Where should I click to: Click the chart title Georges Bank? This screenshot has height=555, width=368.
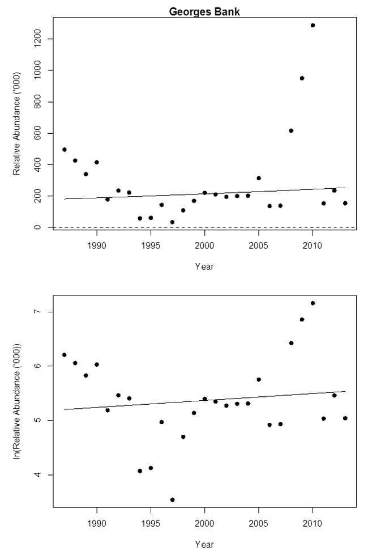204,11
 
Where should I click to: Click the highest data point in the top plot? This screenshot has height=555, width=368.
313,26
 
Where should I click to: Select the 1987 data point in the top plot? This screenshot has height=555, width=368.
65,150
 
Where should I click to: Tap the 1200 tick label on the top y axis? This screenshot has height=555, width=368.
36,39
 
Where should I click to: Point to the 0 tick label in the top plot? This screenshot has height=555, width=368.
36,227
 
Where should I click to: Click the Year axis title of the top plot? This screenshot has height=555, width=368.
204,266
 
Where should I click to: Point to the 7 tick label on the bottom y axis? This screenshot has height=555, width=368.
36,312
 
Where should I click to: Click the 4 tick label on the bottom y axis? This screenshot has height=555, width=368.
36,474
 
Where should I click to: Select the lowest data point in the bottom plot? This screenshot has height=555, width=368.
172,499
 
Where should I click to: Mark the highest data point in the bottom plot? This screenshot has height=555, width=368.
313,303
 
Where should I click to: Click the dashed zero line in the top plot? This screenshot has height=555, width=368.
226,227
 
